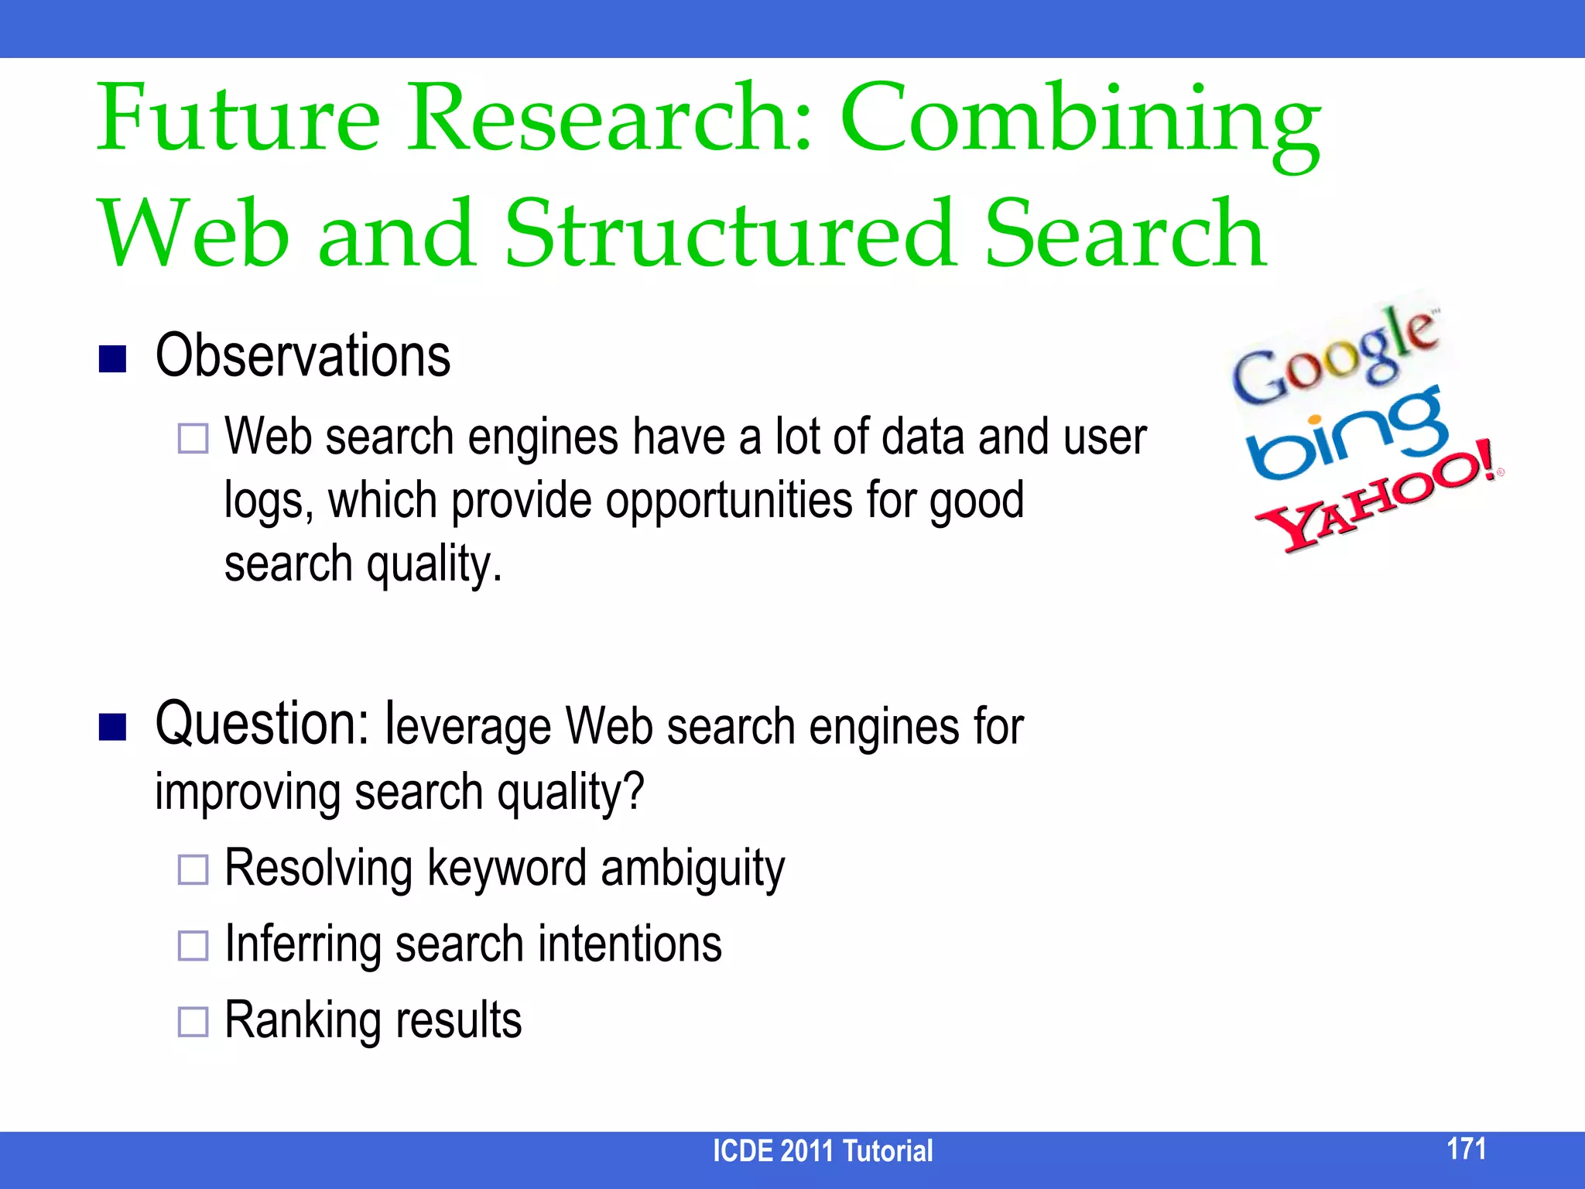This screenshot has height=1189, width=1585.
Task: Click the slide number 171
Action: tap(1466, 1149)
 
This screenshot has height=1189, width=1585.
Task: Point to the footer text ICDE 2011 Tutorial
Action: tap(822, 1151)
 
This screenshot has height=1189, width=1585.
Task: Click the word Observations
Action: tap(303, 356)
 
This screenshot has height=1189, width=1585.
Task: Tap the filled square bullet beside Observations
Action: tap(113, 359)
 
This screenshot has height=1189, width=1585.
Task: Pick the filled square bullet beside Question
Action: tap(113, 727)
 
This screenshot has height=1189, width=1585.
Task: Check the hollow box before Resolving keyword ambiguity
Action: tap(193, 869)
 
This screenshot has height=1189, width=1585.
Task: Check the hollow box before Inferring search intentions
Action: tap(193, 945)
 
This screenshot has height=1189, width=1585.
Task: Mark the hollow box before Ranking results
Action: tap(193, 1022)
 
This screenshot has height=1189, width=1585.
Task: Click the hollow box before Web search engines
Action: tap(193, 438)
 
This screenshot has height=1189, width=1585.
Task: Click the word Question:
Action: tap(262, 724)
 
